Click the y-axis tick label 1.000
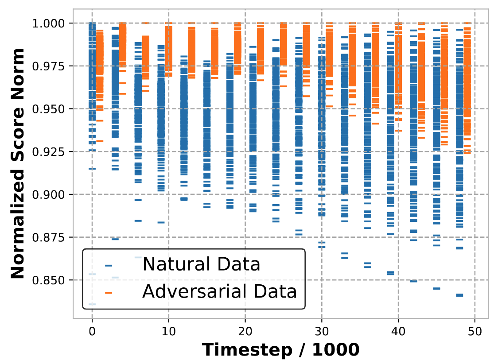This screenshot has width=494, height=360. coord(50,23)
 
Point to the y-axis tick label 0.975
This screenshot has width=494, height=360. coord(50,66)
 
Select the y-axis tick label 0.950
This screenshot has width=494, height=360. coord(50,109)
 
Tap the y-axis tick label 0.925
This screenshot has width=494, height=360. coord(50,152)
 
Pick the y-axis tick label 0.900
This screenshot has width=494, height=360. coord(50,195)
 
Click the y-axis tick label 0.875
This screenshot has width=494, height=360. coord(50,238)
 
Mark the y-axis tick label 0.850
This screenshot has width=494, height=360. coord(50,280)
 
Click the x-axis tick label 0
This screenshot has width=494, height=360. coord(92,330)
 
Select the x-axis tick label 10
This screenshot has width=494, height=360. coord(168,330)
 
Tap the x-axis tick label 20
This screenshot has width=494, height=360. coord(245,330)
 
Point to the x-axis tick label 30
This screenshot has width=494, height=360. coord(322,330)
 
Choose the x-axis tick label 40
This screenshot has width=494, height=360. coord(398,330)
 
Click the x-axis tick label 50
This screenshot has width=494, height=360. coord(475,330)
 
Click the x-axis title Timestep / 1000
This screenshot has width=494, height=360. coord(280,349)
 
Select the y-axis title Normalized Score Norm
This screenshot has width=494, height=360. coord(18,163)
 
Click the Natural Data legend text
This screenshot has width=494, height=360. coord(201,264)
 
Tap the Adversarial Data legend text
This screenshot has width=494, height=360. coord(219,291)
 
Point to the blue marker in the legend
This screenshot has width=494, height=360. coord(109,266)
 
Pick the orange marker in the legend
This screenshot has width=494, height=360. coord(109,293)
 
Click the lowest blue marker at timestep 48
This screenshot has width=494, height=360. coord(459,295)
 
